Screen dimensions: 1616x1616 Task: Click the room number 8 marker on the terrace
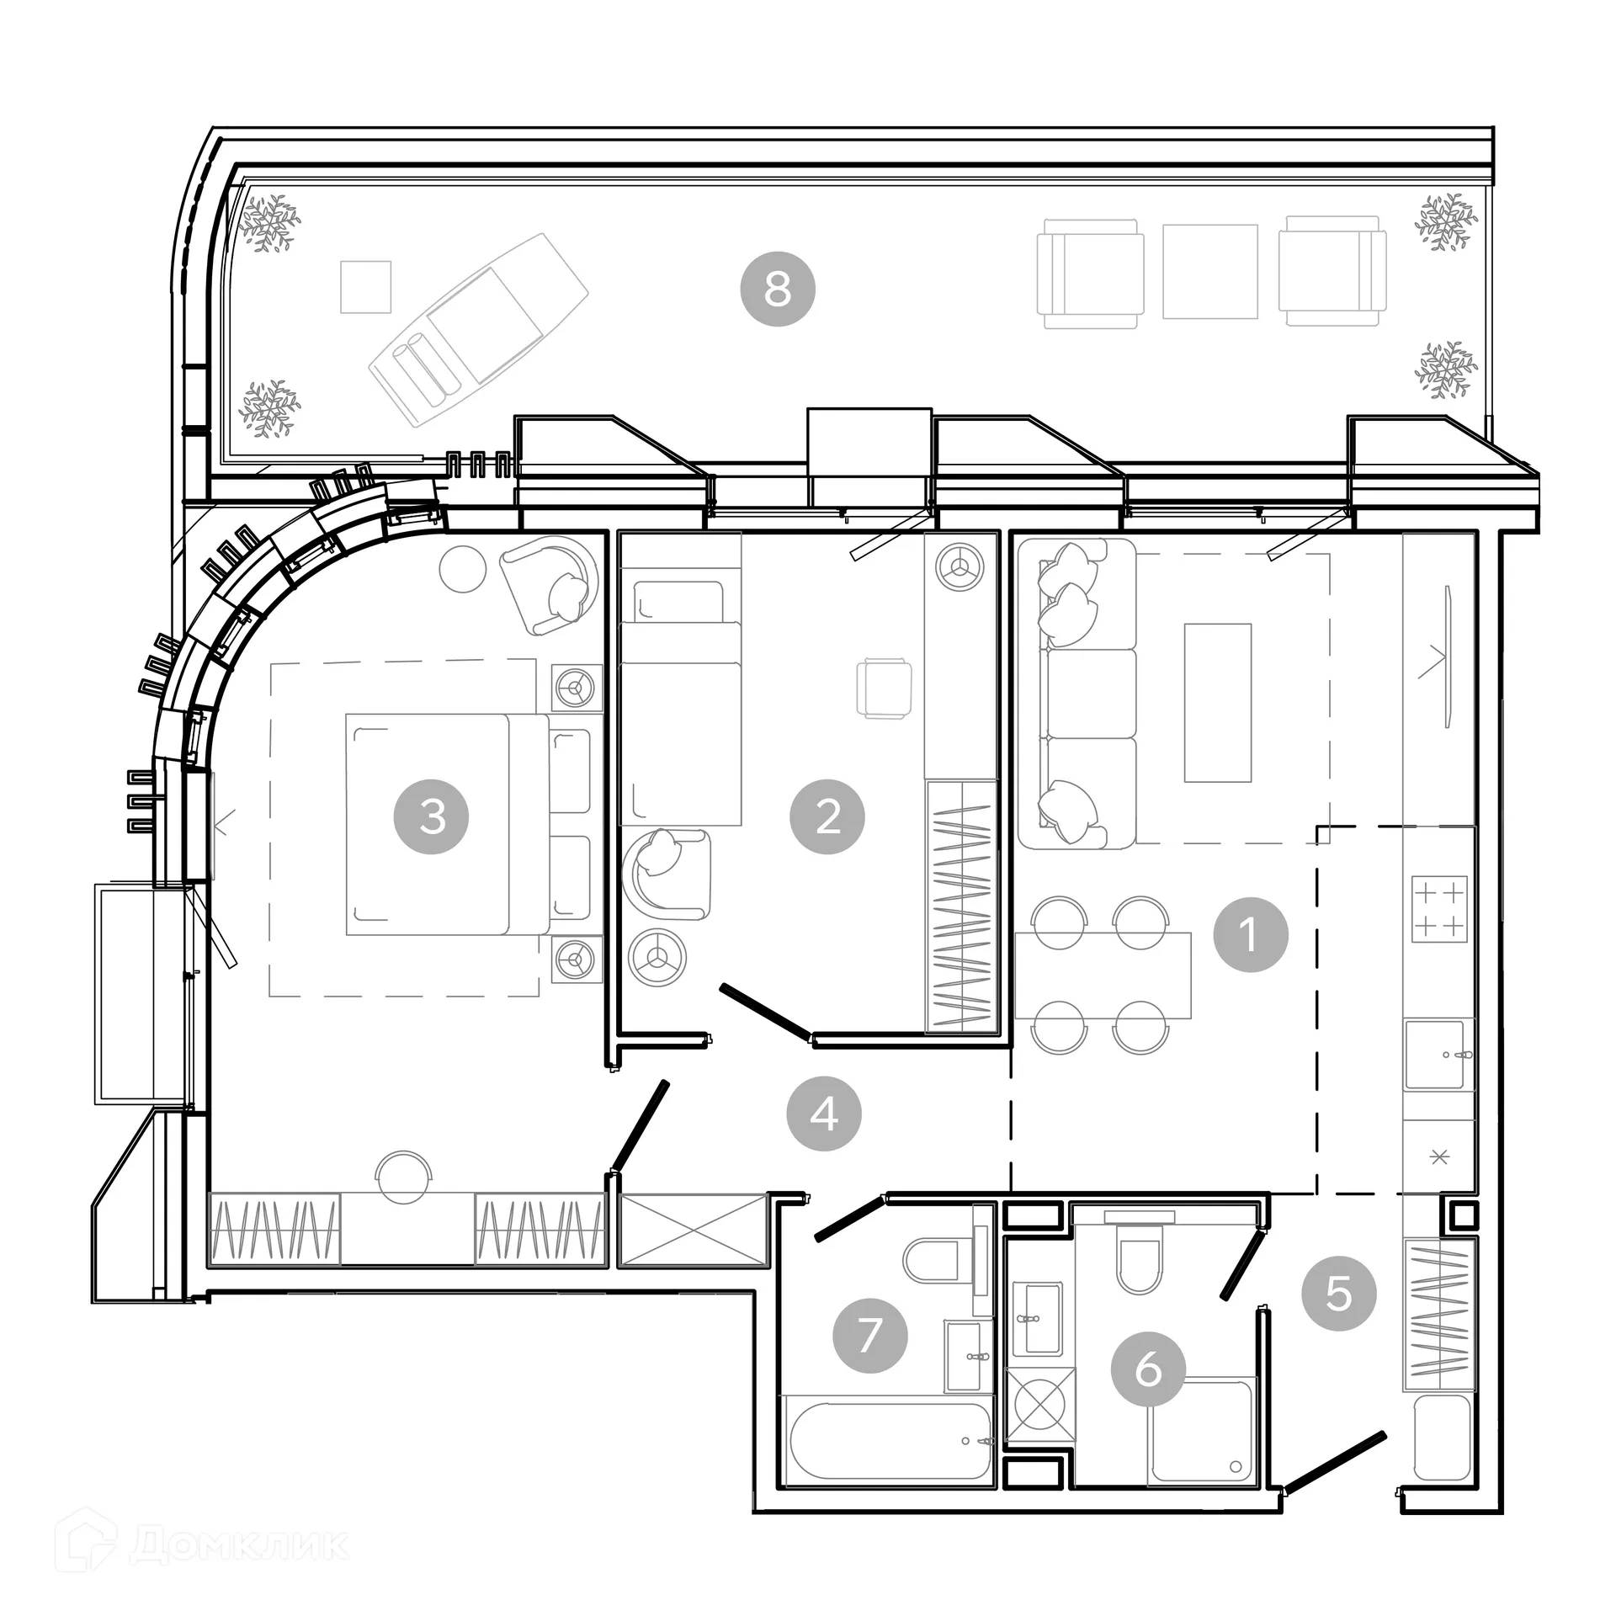[x=777, y=289]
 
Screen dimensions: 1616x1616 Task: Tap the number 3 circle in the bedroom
[x=432, y=816]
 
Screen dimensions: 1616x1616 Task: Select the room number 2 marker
[x=827, y=816]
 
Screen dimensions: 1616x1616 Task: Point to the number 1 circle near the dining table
[x=1251, y=934]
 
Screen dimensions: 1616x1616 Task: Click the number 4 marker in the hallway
[x=824, y=1114]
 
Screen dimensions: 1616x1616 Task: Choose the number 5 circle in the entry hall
[x=1339, y=1293]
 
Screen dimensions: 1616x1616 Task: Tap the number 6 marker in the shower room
[x=1149, y=1369]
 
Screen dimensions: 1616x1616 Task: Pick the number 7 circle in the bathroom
[x=869, y=1336]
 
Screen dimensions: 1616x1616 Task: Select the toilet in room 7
[x=933, y=1261]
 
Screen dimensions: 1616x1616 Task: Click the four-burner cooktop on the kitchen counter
[x=1439, y=910]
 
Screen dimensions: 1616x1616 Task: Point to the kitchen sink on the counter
[x=1439, y=1055]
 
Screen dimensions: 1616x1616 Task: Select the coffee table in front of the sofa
[x=1217, y=703]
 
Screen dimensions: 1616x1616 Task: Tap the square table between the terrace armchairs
[x=1209, y=271]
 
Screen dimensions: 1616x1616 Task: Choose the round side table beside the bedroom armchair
[x=463, y=569]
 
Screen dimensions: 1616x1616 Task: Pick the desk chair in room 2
[x=884, y=688]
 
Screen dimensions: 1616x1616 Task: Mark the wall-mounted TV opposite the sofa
[x=1447, y=656]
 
